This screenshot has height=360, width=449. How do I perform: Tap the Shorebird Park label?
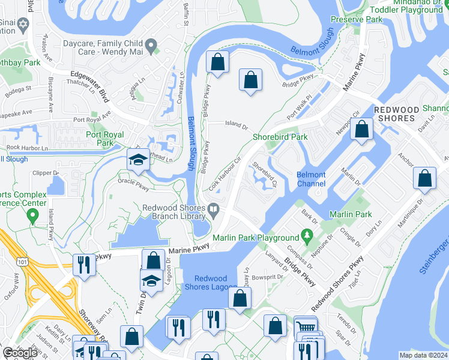tap(280, 137)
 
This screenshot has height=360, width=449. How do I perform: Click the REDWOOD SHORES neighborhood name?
tap(394, 114)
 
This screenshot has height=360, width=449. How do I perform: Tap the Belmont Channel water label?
tap(311, 179)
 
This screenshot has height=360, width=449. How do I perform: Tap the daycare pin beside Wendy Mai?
tap(151, 44)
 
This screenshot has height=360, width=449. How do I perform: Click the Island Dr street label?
tap(237, 125)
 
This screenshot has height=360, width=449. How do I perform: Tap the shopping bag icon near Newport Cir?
tap(361, 130)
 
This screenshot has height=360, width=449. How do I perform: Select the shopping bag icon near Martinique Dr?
tap(425, 179)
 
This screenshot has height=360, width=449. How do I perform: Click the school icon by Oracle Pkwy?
tap(138, 161)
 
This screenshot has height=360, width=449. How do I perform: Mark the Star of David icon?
tap(23, 26)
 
